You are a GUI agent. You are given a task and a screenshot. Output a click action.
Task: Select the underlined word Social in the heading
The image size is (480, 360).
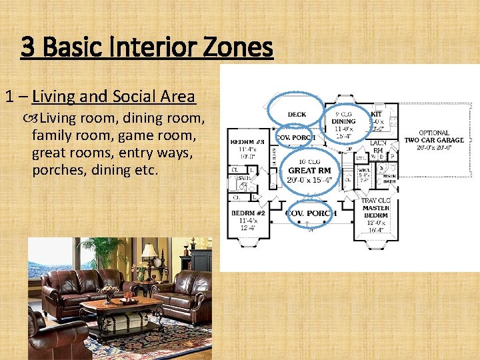pos(131,97)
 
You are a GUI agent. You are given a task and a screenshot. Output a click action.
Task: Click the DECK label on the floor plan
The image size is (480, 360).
pos(297,115)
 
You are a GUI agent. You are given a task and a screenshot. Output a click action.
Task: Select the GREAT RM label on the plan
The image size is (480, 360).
pos(309,171)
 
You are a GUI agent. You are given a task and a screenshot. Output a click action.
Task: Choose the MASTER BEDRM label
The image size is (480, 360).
pos(376,212)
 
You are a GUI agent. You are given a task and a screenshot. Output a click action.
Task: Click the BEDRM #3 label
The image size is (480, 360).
pos(247,142)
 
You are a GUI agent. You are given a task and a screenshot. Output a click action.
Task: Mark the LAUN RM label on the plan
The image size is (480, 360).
pos(378,147)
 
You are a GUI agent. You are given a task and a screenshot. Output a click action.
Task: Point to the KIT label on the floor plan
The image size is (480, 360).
pos(376,114)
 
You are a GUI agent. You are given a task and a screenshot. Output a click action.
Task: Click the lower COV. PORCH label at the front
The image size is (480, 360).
pos(309,213)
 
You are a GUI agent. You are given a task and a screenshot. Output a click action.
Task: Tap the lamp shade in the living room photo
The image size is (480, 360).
pos(149,251)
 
